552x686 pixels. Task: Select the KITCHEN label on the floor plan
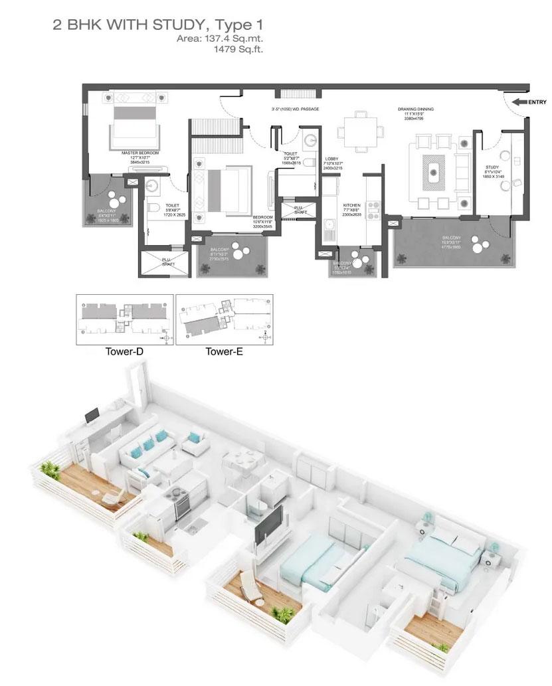351,206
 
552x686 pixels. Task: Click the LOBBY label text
331,159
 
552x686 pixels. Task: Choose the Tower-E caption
224,352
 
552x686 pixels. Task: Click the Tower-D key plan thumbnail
125,319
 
